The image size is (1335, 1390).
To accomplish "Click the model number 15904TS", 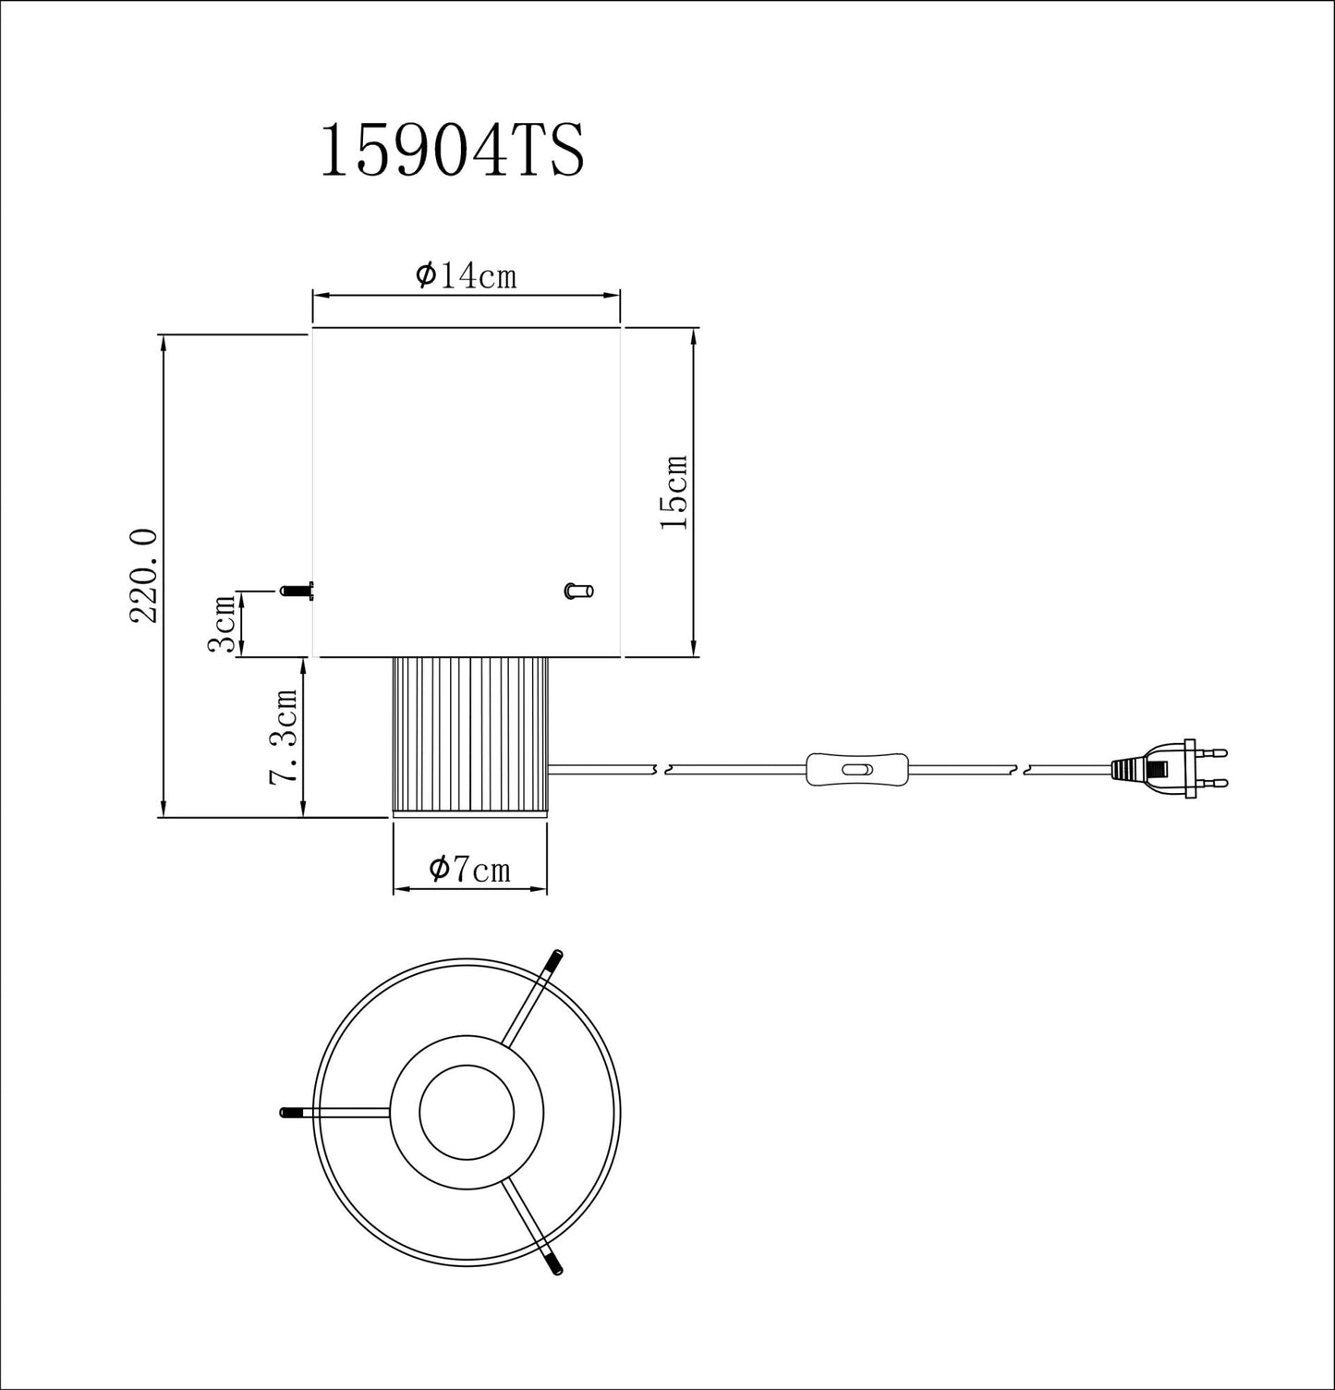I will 452,152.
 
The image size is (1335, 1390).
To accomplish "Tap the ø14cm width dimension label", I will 466,275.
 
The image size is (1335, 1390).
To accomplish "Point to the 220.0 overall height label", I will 145,577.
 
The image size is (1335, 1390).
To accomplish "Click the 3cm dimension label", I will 221,625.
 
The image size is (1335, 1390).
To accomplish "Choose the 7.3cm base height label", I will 283,737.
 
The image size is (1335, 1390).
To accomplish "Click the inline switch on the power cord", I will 856,769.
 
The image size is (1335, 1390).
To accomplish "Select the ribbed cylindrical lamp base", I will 469,736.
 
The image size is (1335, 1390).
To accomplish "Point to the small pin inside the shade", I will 579,591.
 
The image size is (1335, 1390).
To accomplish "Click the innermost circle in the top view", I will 467,1112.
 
